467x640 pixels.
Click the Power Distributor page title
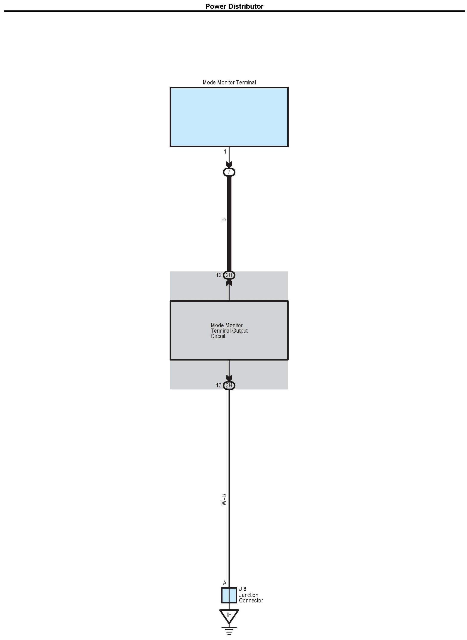[234, 6]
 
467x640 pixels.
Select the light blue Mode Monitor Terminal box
[229, 117]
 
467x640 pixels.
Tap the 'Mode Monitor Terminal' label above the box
[229, 82]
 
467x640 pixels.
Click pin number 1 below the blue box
[225, 152]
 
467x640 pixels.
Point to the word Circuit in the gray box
[218, 336]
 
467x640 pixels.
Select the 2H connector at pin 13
[229, 386]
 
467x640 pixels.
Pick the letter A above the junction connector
[225, 583]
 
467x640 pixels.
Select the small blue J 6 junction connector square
[229, 595]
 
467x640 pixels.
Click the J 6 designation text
[243, 589]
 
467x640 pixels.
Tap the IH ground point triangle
[229, 615]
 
